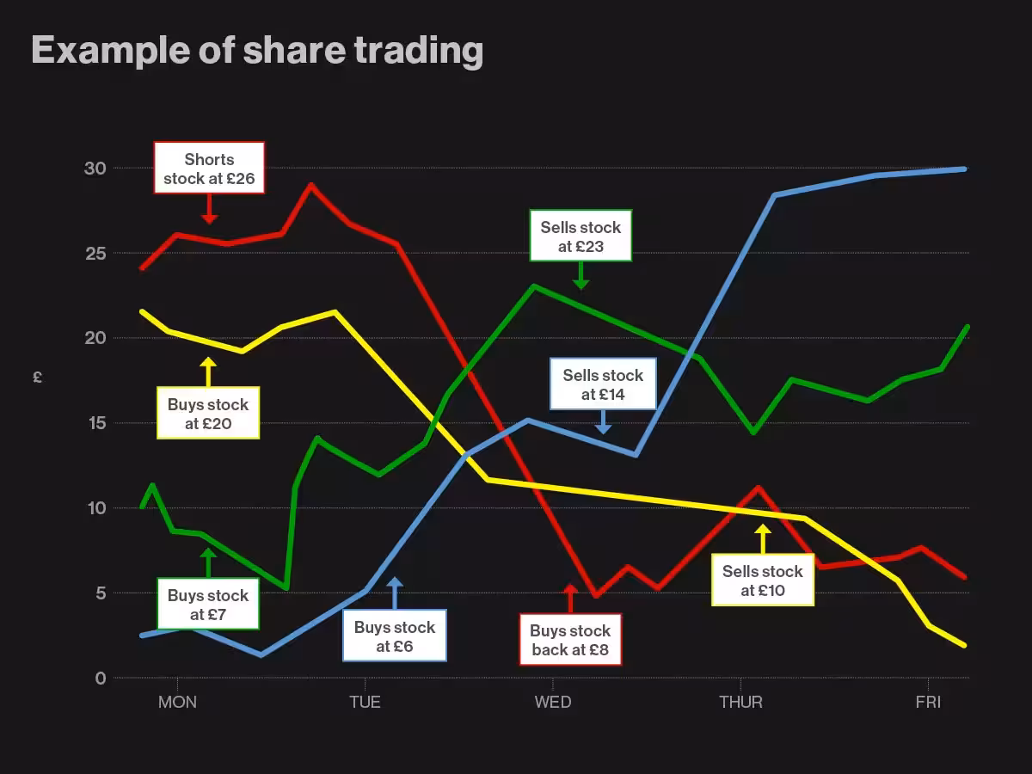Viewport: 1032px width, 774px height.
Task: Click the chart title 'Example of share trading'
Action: click(x=256, y=51)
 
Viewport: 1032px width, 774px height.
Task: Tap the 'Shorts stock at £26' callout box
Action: click(x=209, y=169)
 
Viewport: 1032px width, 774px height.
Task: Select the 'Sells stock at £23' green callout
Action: click(x=580, y=236)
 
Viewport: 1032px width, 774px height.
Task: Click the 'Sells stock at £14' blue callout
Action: click(x=603, y=384)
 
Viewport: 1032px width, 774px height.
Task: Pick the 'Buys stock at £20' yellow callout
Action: click(x=207, y=414)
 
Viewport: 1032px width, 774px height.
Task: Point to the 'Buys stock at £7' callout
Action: click(x=207, y=605)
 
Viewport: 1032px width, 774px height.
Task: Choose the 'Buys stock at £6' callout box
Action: click(x=395, y=636)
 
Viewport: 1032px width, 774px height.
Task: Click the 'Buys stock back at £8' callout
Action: click(x=570, y=640)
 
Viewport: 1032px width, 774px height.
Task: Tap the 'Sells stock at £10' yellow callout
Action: click(x=763, y=580)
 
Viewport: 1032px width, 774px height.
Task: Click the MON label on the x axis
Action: click(x=177, y=703)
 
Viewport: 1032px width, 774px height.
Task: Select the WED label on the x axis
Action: click(x=552, y=703)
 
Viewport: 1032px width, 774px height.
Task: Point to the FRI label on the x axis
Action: click(x=928, y=703)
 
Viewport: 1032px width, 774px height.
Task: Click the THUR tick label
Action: click(x=740, y=703)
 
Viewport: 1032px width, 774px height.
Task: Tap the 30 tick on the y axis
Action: click(x=95, y=169)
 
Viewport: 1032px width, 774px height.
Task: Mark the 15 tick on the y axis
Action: click(x=95, y=423)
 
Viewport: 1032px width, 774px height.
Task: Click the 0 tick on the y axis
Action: click(x=101, y=679)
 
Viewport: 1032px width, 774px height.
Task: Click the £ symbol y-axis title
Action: click(x=38, y=377)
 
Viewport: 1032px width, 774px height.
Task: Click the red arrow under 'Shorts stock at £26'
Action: click(x=209, y=210)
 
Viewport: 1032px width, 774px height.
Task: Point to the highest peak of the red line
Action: click(x=311, y=184)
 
